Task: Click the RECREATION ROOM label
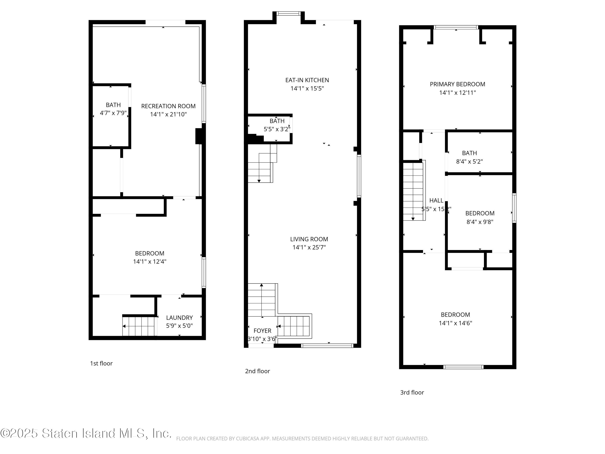tap(168, 106)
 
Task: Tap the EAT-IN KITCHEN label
tap(307, 80)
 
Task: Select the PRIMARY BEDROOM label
tap(458, 84)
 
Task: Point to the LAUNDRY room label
tap(179, 318)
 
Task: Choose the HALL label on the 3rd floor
tap(436, 201)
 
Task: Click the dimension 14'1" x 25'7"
tap(309, 247)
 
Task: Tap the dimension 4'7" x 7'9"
tap(113, 113)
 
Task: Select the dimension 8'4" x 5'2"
tap(469, 161)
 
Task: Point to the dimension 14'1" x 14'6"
tap(455, 323)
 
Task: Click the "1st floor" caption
tap(101, 363)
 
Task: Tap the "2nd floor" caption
tap(257, 371)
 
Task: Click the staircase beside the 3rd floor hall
tap(414, 190)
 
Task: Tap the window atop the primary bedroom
tap(456, 27)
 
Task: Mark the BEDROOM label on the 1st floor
tap(150, 253)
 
